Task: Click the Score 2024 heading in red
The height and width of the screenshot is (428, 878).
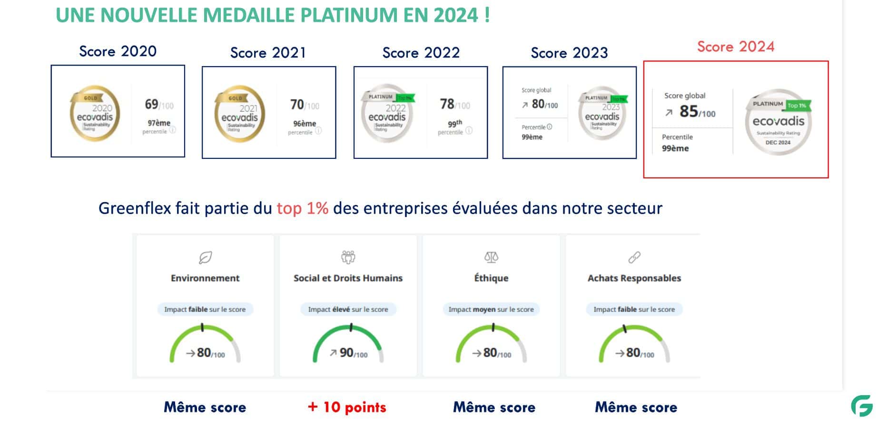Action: (735, 47)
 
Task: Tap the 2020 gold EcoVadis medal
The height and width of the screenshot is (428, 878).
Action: (95, 113)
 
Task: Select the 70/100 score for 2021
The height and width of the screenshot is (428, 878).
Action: (304, 105)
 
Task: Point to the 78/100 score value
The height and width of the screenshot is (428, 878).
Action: (454, 104)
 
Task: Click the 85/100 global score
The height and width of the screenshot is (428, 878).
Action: (697, 112)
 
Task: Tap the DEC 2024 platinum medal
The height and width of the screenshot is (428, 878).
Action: (779, 122)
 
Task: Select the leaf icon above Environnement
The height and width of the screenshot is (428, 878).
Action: (205, 257)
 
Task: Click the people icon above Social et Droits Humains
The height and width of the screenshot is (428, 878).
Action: (348, 257)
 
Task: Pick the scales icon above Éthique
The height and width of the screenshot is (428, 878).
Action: (491, 257)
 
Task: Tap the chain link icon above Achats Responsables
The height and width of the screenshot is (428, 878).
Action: (634, 257)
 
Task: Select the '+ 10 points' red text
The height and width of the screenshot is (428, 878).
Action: (347, 407)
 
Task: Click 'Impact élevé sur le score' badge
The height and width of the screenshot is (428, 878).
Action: (348, 309)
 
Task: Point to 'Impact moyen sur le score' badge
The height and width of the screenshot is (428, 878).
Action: (491, 309)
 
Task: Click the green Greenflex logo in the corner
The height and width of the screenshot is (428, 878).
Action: (862, 406)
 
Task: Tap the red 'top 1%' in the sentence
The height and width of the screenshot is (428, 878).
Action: (302, 208)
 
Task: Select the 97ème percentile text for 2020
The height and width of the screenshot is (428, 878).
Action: (158, 123)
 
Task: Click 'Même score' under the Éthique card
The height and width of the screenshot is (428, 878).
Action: (494, 407)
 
